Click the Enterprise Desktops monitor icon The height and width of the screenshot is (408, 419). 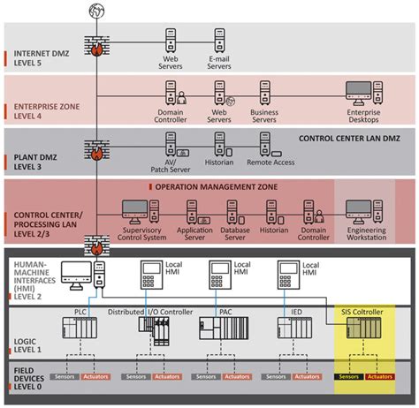coord(359,91)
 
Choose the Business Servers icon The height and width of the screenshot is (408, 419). coord(263,91)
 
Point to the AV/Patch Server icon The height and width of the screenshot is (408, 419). coord(170,142)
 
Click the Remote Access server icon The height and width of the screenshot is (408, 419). coord(263,142)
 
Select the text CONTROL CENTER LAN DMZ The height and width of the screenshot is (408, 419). coord(348,139)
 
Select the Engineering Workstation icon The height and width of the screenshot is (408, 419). coord(359,209)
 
